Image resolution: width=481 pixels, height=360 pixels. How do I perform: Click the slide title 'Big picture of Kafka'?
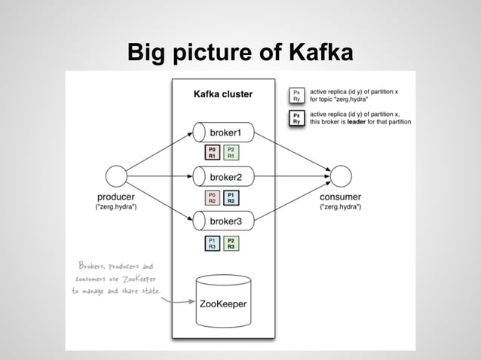(240, 53)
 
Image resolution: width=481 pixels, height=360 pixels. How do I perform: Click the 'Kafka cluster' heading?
(222, 95)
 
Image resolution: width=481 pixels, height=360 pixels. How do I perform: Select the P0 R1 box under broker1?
(213, 153)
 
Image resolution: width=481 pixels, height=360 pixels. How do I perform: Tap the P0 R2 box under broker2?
(213, 197)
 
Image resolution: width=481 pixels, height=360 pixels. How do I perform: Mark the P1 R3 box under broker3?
(213, 242)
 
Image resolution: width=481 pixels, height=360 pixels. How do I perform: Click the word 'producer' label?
(115, 197)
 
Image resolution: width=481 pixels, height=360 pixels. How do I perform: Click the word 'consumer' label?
(341, 197)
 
